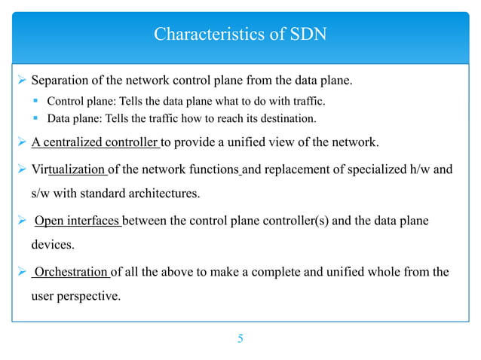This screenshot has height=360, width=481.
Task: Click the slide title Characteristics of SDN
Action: [x=240, y=35]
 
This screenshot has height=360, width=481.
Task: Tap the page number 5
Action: [x=240, y=339]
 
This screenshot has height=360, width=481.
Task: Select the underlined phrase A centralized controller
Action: [x=94, y=142]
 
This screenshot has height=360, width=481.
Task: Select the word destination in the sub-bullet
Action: [x=289, y=118]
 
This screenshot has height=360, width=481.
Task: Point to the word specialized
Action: [x=375, y=169]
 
